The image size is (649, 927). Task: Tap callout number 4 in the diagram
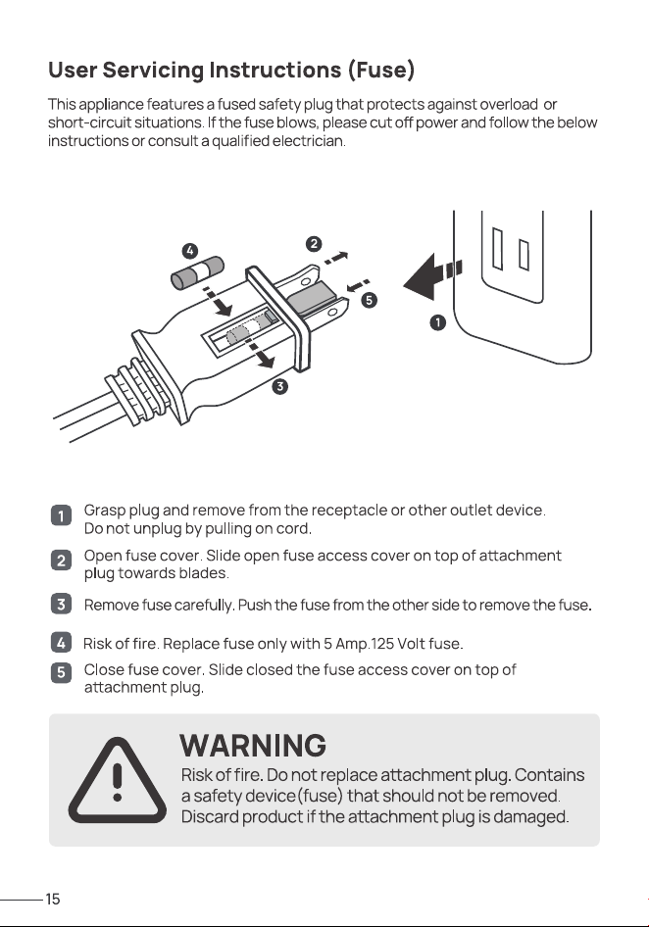pyautogui.click(x=189, y=251)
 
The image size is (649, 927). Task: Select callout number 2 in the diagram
pyautogui.click(x=314, y=244)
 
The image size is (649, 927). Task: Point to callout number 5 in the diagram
pyautogui.click(x=369, y=300)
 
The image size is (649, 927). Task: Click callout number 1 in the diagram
pyautogui.click(x=437, y=322)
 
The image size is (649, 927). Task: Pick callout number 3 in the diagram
pyautogui.click(x=279, y=387)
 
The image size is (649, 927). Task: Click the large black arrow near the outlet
pyautogui.click(x=432, y=276)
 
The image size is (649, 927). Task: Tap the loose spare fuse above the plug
pyautogui.click(x=198, y=272)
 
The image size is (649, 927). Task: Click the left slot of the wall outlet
pyautogui.click(x=498, y=249)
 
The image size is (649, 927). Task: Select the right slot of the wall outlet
pyautogui.click(x=524, y=254)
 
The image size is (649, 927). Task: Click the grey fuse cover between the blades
pyautogui.click(x=311, y=297)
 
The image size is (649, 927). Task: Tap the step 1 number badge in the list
pyautogui.click(x=61, y=515)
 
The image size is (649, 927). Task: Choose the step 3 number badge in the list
pyautogui.click(x=61, y=605)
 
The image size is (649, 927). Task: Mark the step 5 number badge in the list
pyautogui.click(x=61, y=672)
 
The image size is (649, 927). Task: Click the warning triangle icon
pyautogui.click(x=117, y=780)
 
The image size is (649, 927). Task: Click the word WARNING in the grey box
pyautogui.click(x=253, y=745)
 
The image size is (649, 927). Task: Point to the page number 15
pyautogui.click(x=53, y=900)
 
